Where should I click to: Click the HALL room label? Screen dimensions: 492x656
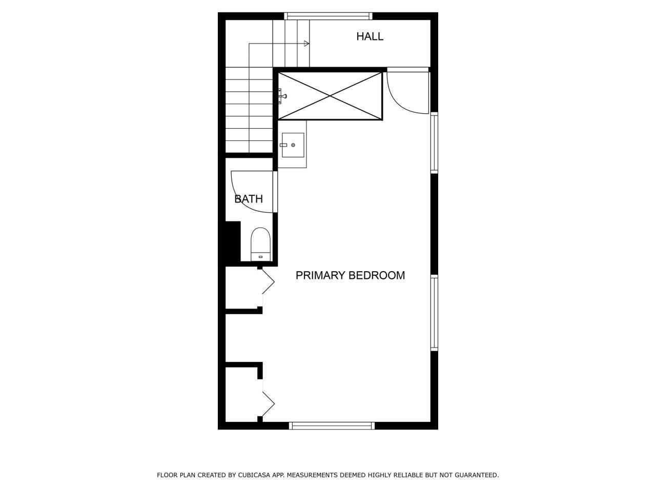pyautogui.click(x=370, y=36)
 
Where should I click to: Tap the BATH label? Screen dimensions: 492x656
pyautogui.click(x=249, y=199)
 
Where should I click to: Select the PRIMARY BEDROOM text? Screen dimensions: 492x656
pyautogui.click(x=350, y=275)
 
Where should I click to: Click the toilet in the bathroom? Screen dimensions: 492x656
pyautogui.click(x=260, y=244)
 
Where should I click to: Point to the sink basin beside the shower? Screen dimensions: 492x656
pyautogui.click(x=293, y=145)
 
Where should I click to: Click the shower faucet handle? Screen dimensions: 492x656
pyautogui.click(x=282, y=95)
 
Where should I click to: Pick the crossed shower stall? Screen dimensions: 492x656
pyautogui.click(x=331, y=96)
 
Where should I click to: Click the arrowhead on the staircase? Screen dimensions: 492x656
pyautogui.click(x=306, y=44)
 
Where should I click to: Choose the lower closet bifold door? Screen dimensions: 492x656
pyautogui.click(x=268, y=404)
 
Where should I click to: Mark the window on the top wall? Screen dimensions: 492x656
pyautogui.click(x=328, y=16)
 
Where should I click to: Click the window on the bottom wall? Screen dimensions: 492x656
pyautogui.click(x=332, y=425)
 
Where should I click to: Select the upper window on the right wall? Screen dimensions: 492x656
pyautogui.click(x=434, y=142)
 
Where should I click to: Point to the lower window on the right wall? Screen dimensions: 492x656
pyautogui.click(x=434, y=312)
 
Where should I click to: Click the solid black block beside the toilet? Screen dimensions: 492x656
pyautogui.click(x=233, y=241)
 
